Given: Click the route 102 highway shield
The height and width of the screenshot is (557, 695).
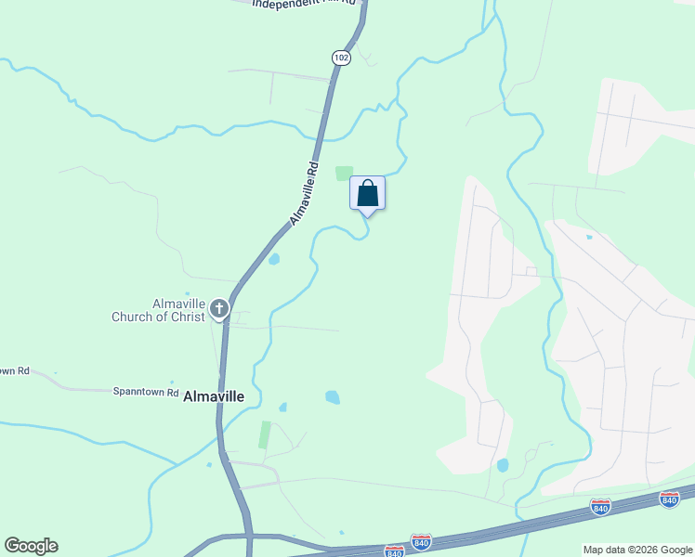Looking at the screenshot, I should pyautogui.click(x=341, y=58).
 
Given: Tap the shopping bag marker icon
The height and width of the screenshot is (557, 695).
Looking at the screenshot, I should pyautogui.click(x=367, y=193).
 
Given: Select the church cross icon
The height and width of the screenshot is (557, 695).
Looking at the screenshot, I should pyautogui.click(x=219, y=308).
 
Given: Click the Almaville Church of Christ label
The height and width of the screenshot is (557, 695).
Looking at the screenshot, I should pyautogui.click(x=151, y=310).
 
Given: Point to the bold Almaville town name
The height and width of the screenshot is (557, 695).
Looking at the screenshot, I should pyautogui.click(x=214, y=396).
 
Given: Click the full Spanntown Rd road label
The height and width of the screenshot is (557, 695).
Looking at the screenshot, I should pyautogui.click(x=146, y=393).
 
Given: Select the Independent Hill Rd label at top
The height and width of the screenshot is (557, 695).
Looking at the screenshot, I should pyautogui.click(x=304, y=3).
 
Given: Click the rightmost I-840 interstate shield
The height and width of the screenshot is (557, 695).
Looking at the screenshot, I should pyautogui.click(x=669, y=499).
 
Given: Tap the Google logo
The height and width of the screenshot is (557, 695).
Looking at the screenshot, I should pyautogui.click(x=31, y=546).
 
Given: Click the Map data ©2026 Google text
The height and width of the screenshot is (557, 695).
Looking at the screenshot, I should pyautogui.click(x=638, y=550).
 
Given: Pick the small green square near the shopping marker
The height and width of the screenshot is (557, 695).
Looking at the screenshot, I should pyautogui.click(x=345, y=174).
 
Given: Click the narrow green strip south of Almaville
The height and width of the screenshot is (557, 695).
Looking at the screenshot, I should pyautogui.click(x=265, y=435).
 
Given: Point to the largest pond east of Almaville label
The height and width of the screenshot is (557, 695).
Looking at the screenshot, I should pyautogui.click(x=332, y=397).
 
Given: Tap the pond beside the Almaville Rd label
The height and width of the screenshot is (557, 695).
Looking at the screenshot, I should pyautogui.click(x=274, y=259).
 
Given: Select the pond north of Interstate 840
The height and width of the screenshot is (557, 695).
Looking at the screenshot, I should pyautogui.click(x=503, y=465).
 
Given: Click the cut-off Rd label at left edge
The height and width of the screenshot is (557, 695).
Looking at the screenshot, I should pyautogui.click(x=15, y=371).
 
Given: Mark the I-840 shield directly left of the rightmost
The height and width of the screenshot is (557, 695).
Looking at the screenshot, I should pyautogui.click(x=600, y=507).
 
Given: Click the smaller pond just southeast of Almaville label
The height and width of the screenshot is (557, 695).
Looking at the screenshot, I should pyautogui.click(x=282, y=407).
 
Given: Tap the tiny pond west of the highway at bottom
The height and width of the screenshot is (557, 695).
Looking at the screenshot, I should pyautogui.click(x=209, y=464).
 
